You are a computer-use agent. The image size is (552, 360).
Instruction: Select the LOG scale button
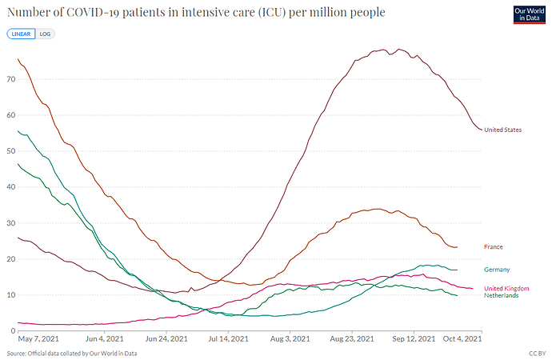click(x=45, y=34)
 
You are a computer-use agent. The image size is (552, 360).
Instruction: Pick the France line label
click(x=494, y=246)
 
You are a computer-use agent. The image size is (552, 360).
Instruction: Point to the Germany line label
click(x=497, y=270)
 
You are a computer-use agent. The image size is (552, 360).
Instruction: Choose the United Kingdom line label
click(x=506, y=288)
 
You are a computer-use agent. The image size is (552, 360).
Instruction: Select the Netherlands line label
click(x=502, y=295)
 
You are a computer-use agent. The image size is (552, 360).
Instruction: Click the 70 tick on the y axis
click(x=10, y=79)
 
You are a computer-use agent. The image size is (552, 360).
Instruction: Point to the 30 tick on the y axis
click(x=10, y=223)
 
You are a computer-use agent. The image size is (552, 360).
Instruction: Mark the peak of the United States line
click(x=398, y=50)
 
